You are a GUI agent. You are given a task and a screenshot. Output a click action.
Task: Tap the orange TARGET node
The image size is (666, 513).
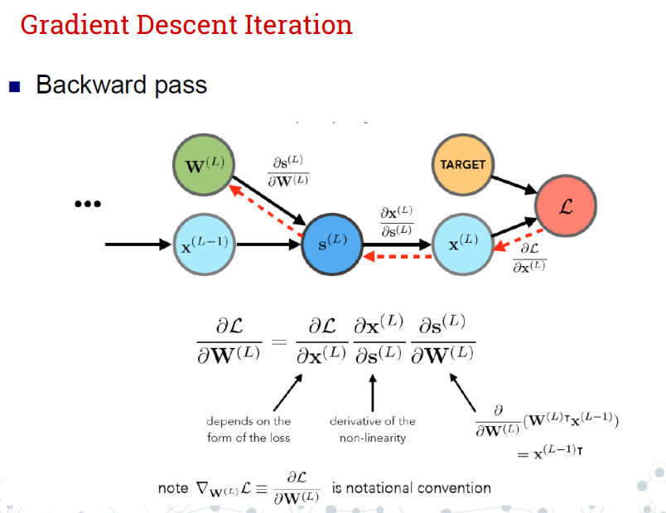click(x=462, y=164)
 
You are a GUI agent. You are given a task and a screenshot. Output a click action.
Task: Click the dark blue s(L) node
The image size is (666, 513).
click(x=334, y=245)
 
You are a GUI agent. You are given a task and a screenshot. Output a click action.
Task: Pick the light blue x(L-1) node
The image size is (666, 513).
click(x=203, y=244)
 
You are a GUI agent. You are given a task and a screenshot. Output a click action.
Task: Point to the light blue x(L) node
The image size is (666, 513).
click(x=463, y=244)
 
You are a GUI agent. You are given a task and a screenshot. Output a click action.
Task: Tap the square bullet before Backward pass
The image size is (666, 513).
click(x=14, y=86)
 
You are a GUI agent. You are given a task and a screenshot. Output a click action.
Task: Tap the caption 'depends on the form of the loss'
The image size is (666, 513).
click(x=249, y=429)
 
